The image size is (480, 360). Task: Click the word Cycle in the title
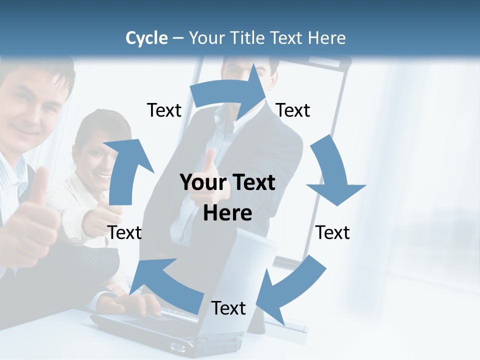[x=146, y=38]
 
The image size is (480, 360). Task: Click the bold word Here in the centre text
[x=227, y=213]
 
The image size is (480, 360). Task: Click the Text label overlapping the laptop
[x=228, y=308]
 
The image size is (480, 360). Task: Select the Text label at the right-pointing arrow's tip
[x=293, y=110]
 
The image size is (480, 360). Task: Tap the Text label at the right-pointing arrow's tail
[x=164, y=110]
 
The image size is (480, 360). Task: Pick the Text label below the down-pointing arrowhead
[x=333, y=232]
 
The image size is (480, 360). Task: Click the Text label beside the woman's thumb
[x=124, y=232]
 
